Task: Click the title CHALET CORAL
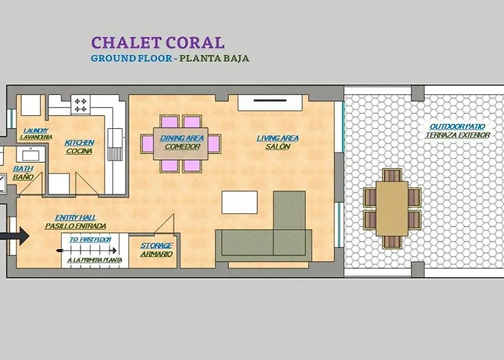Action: [158, 43]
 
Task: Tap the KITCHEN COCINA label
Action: [79, 147]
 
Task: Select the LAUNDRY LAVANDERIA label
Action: [35, 134]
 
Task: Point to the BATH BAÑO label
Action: [23, 172]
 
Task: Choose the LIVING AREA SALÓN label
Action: [277, 142]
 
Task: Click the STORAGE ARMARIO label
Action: [156, 249]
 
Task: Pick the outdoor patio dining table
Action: [392, 207]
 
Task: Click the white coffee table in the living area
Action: [239, 202]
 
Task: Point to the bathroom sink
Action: [31, 154]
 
